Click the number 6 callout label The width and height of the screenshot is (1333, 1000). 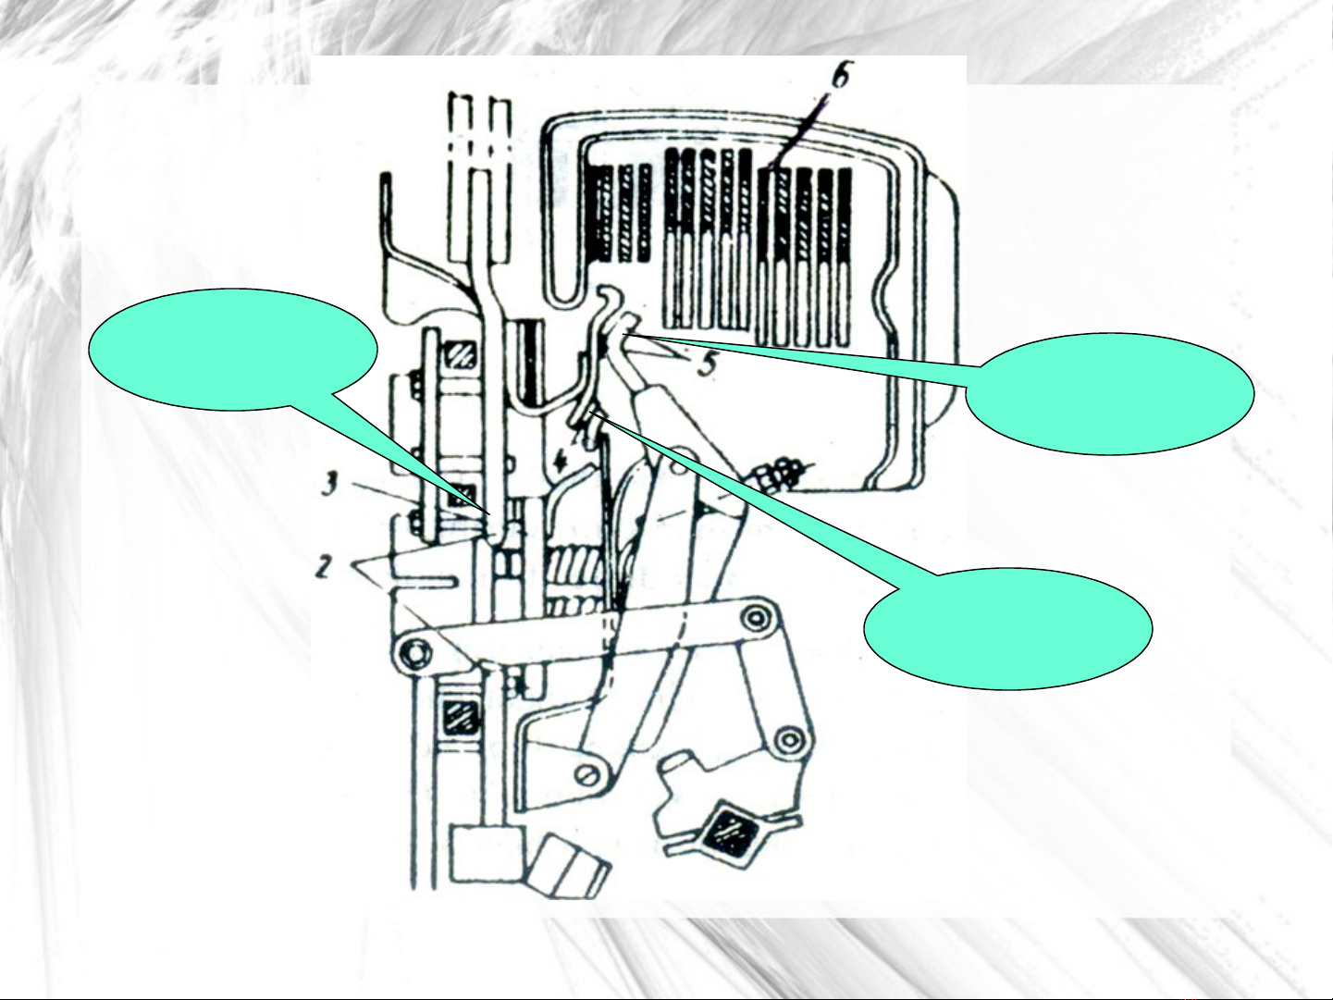point(839,75)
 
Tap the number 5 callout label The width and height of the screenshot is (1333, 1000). point(705,364)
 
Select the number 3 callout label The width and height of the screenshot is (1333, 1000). point(329,484)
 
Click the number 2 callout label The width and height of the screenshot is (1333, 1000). point(324,566)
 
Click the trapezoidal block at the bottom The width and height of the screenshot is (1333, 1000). point(573,866)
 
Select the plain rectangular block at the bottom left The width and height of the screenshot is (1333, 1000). point(487,854)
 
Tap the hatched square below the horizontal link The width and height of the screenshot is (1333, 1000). point(463,718)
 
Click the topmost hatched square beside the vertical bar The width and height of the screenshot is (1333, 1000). point(463,355)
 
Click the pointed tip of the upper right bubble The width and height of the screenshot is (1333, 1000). point(622,335)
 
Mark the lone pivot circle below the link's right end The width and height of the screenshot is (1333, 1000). point(789,739)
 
